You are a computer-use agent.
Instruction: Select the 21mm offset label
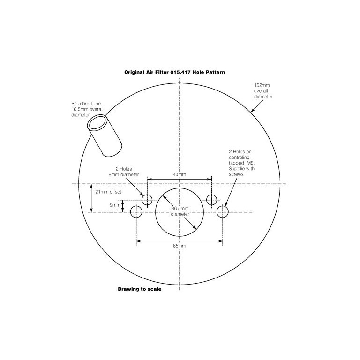coord(105,192)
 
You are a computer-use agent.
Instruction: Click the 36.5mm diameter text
coord(180,211)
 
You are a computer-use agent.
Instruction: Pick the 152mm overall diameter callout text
coord(263,91)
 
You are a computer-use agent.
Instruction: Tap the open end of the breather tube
coord(98,122)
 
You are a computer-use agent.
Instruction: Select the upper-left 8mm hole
coord(147,199)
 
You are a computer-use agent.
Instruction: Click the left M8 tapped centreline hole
coord(136,212)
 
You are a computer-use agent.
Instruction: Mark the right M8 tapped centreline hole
coord(222,212)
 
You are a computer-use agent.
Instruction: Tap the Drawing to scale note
coord(139,289)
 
